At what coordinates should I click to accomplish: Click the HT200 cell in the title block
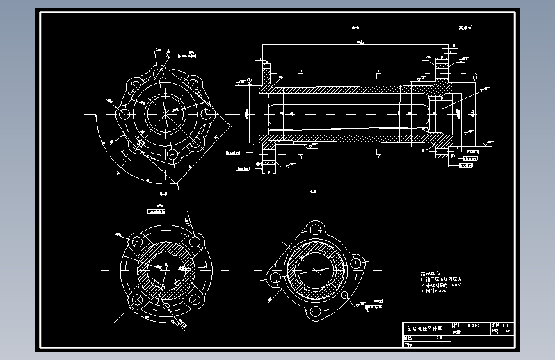tap(476, 325)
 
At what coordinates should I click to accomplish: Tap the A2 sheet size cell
tap(508, 332)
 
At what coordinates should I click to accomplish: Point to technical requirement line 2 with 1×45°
tap(442, 285)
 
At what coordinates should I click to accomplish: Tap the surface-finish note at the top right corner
tap(465, 28)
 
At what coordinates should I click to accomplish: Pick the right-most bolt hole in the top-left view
tap(206, 113)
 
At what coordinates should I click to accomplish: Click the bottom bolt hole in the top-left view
tap(171, 154)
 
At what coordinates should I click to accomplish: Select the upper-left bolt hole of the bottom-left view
tap(136, 241)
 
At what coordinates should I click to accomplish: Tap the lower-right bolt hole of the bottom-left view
tap(194, 299)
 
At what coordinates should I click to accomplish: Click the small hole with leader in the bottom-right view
tap(346, 296)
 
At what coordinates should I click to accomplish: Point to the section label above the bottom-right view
tap(313, 192)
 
